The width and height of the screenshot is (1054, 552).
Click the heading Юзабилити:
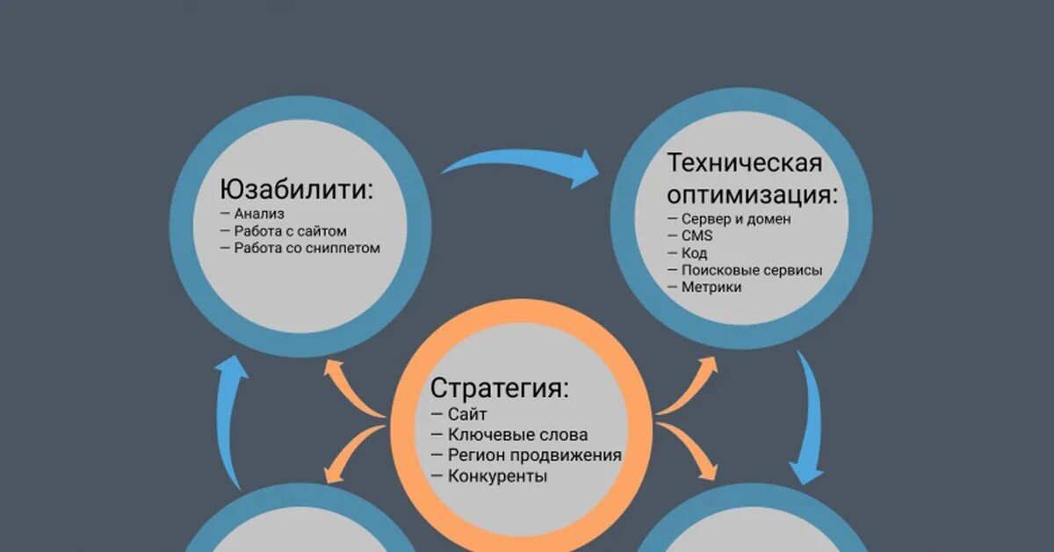click(x=296, y=190)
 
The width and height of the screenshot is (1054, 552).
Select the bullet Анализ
click(x=259, y=214)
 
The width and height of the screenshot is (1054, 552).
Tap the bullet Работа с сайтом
click(x=290, y=231)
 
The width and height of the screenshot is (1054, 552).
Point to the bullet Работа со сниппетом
click(x=307, y=248)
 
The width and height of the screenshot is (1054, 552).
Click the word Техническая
click(x=745, y=163)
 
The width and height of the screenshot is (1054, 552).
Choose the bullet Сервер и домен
click(x=736, y=219)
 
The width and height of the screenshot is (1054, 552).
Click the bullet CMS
click(x=697, y=236)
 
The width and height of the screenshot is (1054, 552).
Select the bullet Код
click(x=694, y=253)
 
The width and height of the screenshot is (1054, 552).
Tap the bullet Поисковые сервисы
click(x=751, y=270)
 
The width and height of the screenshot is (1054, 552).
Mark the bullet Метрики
click(x=711, y=287)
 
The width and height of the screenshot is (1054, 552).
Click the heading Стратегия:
click(x=499, y=388)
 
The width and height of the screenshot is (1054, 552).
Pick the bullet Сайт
click(x=466, y=414)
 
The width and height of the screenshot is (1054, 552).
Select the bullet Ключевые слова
click(x=517, y=434)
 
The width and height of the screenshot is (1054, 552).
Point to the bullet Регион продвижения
click(x=534, y=455)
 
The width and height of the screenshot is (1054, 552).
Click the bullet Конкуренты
click(x=497, y=476)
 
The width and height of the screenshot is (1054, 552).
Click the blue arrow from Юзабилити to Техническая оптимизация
click(x=523, y=163)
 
